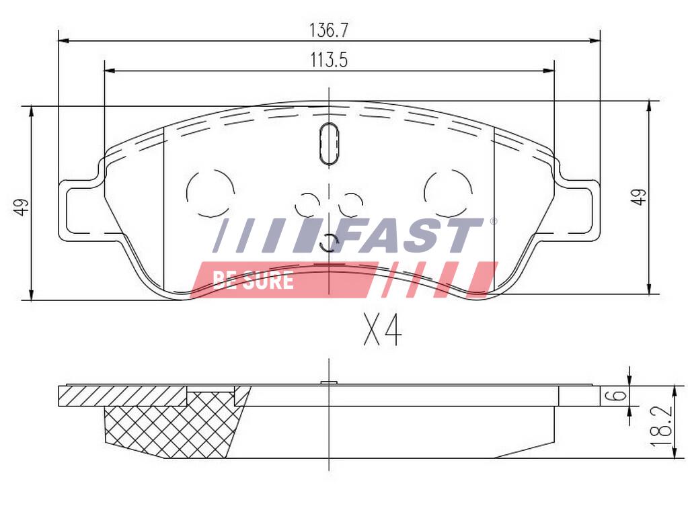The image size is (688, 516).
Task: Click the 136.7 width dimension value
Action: (x=329, y=30)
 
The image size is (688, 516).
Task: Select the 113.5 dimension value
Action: (x=329, y=60)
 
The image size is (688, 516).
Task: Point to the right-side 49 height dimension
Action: (x=638, y=197)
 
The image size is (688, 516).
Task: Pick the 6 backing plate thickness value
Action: (x=617, y=395)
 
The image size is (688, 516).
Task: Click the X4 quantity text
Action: (x=383, y=331)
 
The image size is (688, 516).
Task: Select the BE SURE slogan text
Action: (x=253, y=280)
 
